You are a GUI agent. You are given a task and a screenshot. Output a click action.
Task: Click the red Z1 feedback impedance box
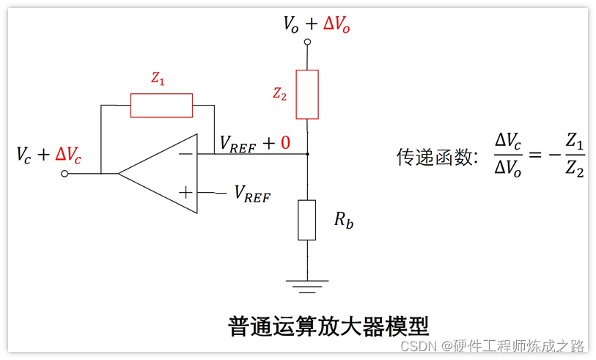click(x=161, y=106)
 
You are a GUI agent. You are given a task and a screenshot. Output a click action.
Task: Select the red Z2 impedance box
click(x=307, y=95)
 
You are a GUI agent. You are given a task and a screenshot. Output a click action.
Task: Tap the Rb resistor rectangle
click(x=307, y=219)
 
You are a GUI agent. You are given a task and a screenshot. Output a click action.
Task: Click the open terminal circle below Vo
click(x=307, y=43)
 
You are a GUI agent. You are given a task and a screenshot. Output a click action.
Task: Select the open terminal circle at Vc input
click(x=65, y=174)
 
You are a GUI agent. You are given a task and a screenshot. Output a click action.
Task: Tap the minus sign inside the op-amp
click(x=186, y=154)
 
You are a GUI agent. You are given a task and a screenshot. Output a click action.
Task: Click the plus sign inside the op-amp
click(x=186, y=193)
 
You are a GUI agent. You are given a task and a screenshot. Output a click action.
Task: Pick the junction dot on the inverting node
click(x=307, y=154)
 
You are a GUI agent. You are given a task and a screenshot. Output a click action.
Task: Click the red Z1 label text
click(x=158, y=80)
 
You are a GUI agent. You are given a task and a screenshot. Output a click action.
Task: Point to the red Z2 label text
click(x=279, y=93)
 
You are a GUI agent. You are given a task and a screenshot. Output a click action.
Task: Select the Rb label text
click(x=343, y=220)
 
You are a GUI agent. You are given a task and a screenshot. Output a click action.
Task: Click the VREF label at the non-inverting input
click(x=251, y=194)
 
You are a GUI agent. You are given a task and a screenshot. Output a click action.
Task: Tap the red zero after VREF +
click(x=285, y=144)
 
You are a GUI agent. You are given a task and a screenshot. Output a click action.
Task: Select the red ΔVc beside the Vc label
click(x=68, y=155)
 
